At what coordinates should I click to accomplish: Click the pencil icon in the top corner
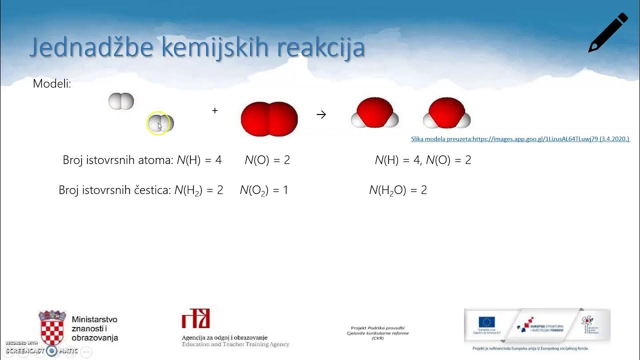607,32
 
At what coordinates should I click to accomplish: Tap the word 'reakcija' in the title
320,47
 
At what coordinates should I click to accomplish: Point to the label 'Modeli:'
52,84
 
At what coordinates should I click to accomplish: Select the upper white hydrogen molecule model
121,101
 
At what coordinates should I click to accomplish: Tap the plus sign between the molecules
215,110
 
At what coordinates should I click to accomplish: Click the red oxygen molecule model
269,119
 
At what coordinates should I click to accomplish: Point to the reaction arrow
321,114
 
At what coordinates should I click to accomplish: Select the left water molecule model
375,113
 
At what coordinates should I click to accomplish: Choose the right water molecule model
446,113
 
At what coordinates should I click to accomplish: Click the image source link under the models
520,139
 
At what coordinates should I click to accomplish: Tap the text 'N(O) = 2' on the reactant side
267,160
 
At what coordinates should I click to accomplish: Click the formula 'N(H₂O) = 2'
398,190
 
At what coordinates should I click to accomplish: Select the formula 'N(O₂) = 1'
263,190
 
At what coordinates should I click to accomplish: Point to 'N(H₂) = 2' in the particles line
198,190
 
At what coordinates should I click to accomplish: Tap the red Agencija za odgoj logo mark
195,318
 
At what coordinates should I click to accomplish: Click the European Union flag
486,322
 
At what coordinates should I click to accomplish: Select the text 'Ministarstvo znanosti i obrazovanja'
95,328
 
